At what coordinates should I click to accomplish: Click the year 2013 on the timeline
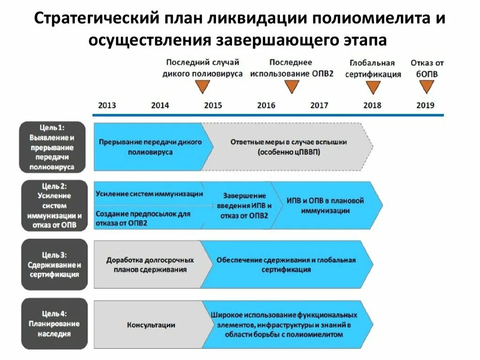coord(107,105)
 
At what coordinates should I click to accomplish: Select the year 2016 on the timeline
coord(266,105)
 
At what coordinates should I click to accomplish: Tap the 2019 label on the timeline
coord(425,105)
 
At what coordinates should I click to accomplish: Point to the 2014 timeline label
coord(160,105)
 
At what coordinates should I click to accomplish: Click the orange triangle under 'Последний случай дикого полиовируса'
coord(202,86)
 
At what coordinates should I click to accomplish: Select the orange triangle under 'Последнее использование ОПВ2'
coord(292,86)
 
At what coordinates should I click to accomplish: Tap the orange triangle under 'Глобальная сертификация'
coord(373,87)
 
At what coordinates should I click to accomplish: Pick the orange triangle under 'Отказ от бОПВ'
coord(427,86)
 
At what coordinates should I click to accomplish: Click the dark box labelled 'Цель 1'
coord(52,147)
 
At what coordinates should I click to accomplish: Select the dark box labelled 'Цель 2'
coord(54,205)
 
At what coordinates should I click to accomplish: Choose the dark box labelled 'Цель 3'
coord(54,265)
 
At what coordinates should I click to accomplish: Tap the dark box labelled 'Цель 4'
coord(54,323)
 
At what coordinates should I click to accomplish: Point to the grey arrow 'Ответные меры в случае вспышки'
coord(288,147)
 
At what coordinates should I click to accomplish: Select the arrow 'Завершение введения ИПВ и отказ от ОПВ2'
coord(243,205)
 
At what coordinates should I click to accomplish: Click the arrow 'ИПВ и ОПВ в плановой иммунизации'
coord(326,205)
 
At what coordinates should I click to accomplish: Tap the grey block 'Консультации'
coord(151,324)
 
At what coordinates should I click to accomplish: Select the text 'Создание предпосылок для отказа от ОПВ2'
coord(143,218)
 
